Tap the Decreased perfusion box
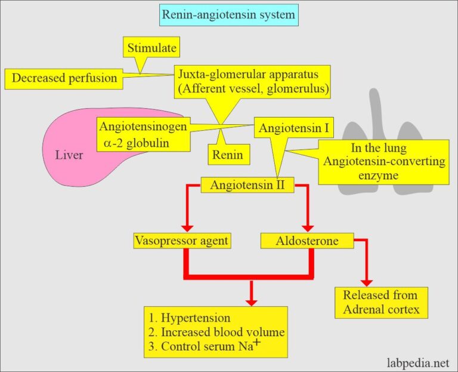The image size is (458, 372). pos(64,78)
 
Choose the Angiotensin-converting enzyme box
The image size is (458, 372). pos(384,162)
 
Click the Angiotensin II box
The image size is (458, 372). pos(247,185)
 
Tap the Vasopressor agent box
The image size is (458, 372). pos(182,241)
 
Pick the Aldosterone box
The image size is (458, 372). pos(307,241)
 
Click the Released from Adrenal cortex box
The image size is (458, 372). pos(380,302)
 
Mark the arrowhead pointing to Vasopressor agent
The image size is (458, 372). pos(187,227)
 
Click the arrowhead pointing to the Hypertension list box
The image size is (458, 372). pos(252,299)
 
